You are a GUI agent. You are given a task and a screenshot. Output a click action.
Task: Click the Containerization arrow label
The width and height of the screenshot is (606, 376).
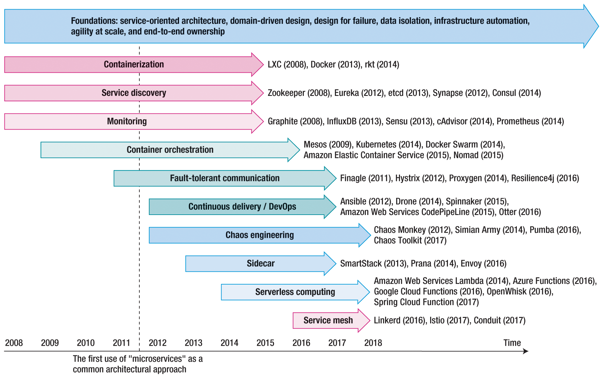(134, 64)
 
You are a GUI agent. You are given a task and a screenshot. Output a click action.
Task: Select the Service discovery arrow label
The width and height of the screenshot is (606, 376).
(134, 93)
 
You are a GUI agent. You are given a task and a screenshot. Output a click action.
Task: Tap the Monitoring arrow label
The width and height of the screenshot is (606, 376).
(127, 121)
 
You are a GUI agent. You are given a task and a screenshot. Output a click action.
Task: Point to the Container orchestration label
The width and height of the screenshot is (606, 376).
(170, 150)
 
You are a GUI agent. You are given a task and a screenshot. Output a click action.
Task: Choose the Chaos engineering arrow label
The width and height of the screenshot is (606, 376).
(259, 235)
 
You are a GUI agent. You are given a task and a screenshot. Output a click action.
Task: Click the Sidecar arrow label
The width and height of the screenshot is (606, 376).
(261, 263)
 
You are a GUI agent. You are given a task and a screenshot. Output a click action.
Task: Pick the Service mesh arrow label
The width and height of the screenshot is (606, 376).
(328, 320)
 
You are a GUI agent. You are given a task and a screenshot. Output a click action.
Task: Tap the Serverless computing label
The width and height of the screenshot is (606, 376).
(295, 292)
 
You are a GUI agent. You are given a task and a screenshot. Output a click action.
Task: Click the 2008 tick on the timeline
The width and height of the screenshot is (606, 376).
(14, 343)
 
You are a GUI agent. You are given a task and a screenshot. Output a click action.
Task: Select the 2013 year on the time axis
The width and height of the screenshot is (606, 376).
(193, 343)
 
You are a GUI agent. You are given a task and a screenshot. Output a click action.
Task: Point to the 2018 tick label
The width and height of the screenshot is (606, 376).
(373, 343)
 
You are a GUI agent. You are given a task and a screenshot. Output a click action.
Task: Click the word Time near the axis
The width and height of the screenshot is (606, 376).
(512, 343)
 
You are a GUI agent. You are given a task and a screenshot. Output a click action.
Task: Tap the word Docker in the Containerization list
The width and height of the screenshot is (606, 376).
(323, 64)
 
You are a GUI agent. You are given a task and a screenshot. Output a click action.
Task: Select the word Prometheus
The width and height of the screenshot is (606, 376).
(518, 121)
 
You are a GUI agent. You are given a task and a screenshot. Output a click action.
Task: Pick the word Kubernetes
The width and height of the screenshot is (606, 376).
(376, 144)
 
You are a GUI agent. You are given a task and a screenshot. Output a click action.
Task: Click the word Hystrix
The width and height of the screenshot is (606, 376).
(407, 178)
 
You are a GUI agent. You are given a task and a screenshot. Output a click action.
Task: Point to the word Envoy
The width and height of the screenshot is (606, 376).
(471, 264)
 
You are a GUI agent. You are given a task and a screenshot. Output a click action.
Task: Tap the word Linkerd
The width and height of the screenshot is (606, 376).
(387, 320)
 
